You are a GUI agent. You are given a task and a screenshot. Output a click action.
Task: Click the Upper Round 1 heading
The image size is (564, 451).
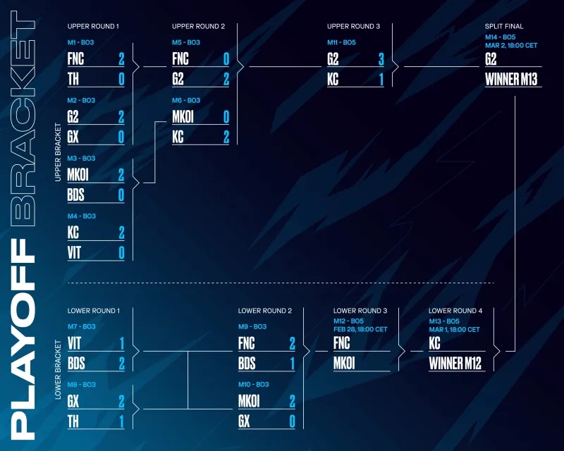click(x=93, y=27)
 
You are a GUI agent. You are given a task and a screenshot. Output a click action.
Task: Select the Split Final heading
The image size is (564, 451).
click(x=504, y=27)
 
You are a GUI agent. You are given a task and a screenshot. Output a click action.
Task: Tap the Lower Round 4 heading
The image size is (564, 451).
click(x=455, y=311)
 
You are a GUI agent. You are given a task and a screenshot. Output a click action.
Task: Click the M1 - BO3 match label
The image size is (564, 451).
click(x=81, y=42)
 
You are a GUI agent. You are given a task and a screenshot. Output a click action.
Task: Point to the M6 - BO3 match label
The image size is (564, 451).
click(x=186, y=101)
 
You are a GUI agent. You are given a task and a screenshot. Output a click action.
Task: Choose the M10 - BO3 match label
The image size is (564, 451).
click(x=252, y=385)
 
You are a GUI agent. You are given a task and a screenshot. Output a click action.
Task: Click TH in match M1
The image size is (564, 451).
click(x=73, y=78)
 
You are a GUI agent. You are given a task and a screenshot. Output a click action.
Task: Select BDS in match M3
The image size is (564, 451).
click(x=76, y=194)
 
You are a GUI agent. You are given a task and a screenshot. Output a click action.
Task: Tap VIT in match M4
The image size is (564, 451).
click(x=74, y=252)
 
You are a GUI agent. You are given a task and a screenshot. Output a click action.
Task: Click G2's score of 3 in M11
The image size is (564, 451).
click(x=381, y=58)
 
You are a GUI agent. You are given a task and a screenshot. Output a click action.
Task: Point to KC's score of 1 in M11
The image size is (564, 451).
click(x=381, y=78)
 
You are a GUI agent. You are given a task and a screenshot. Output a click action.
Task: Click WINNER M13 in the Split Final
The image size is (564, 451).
click(x=511, y=78)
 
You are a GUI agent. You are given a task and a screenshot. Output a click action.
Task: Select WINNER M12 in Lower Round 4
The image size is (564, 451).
click(x=455, y=364)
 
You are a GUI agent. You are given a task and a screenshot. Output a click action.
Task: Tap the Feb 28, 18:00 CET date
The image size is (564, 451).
click(x=360, y=329)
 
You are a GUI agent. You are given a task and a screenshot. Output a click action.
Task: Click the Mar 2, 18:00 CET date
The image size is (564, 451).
click(x=511, y=44)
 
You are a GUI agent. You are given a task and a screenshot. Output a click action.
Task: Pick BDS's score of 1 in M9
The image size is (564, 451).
click(x=292, y=364)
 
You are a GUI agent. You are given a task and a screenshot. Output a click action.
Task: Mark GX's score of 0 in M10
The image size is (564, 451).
click(x=292, y=421)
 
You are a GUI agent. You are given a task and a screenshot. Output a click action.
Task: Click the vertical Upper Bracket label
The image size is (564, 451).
click(x=58, y=154)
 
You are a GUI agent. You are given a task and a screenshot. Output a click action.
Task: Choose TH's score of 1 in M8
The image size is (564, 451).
click(x=121, y=421)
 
